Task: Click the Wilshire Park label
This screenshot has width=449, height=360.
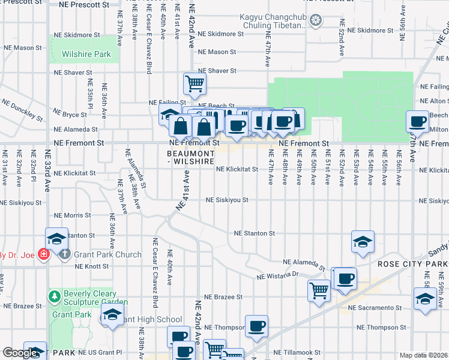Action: (86, 54)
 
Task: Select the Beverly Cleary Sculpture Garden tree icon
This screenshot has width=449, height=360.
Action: (55, 296)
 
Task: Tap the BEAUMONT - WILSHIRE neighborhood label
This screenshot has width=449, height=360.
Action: (190, 157)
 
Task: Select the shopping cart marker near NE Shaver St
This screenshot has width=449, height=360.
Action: (194, 84)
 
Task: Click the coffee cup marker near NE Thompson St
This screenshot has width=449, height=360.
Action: (256, 325)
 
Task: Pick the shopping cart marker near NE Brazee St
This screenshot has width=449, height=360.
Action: (319, 290)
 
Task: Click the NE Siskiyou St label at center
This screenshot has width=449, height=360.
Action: (227, 200)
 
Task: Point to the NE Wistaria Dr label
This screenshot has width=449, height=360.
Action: (277, 276)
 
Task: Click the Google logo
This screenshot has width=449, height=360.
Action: (20, 353)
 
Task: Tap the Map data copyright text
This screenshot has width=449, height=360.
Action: (424, 355)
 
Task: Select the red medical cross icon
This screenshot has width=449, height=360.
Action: (43, 254)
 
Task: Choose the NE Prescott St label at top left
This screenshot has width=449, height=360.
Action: (86, 4)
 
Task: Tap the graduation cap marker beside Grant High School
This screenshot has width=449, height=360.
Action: (111, 315)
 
